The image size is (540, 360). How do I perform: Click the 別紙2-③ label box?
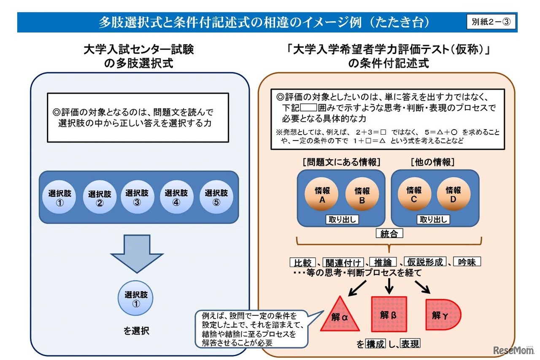[x=491, y=22]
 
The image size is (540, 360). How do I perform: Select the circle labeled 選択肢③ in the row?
[x=137, y=197]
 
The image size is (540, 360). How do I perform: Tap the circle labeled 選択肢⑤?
[x=216, y=197]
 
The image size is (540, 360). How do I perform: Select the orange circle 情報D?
[x=453, y=195]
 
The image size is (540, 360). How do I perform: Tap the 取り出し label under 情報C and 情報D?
[x=433, y=219]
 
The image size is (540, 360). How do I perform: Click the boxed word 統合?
[x=389, y=233]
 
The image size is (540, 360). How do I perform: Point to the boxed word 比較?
[x=302, y=262]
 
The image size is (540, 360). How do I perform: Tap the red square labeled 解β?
[x=389, y=314]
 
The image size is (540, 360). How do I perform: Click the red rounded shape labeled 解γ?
[x=442, y=315]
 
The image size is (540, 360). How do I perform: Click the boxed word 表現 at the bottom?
[x=410, y=344]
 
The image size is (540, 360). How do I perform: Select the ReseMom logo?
[x=512, y=350]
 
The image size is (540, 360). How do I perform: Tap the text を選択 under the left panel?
[x=136, y=331]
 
